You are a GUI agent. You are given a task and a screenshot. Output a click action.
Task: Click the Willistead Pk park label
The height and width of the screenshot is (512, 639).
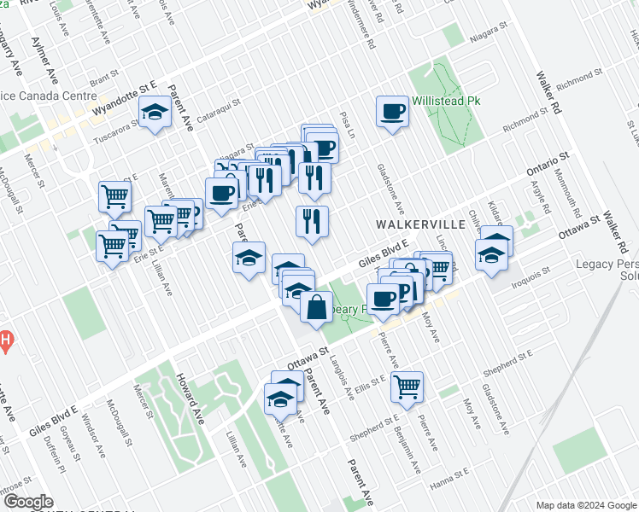(446, 101)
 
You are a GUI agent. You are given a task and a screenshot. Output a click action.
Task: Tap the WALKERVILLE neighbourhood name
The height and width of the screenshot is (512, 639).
(421, 224)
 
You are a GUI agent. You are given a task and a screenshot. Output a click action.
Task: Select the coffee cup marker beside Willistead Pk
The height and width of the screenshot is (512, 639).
(392, 112)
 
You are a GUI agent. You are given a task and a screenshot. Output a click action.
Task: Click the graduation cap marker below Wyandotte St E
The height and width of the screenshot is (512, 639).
(155, 113)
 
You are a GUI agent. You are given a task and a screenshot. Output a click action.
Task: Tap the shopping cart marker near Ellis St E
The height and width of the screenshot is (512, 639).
(407, 386)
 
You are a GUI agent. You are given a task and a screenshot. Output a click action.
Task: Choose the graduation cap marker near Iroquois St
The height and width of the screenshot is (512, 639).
(492, 254)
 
